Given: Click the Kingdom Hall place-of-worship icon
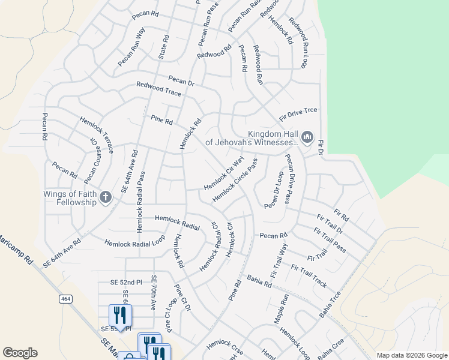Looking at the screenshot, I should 307,138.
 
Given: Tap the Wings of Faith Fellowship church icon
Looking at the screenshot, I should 105,197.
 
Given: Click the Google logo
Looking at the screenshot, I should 20,353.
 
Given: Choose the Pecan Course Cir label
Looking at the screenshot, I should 91,160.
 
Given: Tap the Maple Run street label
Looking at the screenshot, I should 282,308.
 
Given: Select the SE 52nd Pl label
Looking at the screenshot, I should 125,282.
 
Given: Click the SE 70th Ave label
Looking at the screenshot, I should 153,293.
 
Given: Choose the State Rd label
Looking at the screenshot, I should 164,46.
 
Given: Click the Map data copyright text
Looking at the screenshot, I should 411,355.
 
